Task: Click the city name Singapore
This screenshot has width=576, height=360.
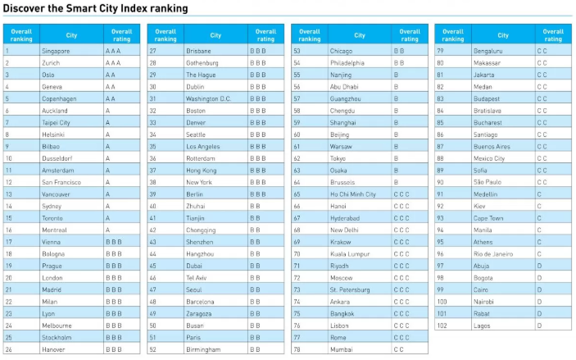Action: pyautogui.click(x=57, y=51)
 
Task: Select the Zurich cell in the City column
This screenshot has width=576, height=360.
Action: pyautogui.click(x=52, y=62)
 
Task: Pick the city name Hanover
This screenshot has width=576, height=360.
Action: pyautogui.click(x=55, y=349)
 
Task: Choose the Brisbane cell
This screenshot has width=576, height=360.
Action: pyautogui.click(x=198, y=51)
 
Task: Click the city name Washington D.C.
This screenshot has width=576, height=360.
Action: pyautogui.click(x=208, y=98)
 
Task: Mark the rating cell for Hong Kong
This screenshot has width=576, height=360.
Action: pyautogui.click(x=257, y=171)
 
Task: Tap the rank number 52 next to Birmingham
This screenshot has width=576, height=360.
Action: pyautogui.click(x=153, y=349)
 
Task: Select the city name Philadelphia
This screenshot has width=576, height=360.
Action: pyautogui.click(x=347, y=62)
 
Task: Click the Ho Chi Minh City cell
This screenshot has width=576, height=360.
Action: pyautogui.click(x=353, y=194)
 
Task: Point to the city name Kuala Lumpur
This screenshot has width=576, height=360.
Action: pyautogui.click(x=349, y=254)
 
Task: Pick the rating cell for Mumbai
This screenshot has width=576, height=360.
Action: pyautogui.click(x=401, y=349)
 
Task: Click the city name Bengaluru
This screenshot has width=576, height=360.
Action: pyautogui.click(x=488, y=51)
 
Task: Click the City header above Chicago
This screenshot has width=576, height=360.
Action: pyautogui.click(x=360, y=35)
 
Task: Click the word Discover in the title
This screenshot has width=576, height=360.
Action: pyautogui.click(x=24, y=8)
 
